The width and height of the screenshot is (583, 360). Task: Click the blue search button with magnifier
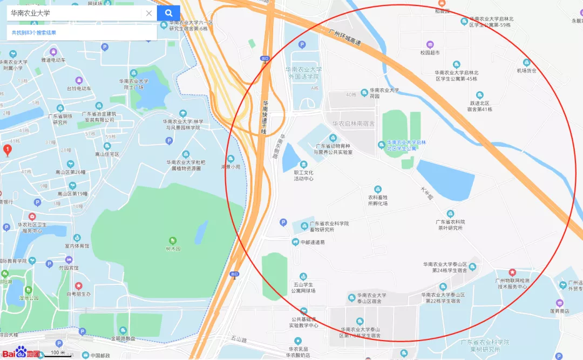(x=168, y=13)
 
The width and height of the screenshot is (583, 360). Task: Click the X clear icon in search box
(x=149, y=13)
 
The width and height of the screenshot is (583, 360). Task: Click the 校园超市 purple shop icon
(x=430, y=44)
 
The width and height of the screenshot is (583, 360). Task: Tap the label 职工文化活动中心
(x=303, y=175)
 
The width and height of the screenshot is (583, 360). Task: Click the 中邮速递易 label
(x=313, y=242)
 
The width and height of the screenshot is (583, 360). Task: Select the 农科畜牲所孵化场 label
(x=378, y=200)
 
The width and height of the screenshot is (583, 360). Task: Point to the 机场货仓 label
(x=526, y=70)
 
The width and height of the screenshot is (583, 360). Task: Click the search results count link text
(x=34, y=33)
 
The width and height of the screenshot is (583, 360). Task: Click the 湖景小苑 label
(x=231, y=167)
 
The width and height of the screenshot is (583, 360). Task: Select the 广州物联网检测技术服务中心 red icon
(x=512, y=273)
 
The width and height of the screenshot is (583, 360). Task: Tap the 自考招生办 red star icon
(x=78, y=286)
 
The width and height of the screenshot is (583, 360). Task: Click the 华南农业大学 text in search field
(x=31, y=13)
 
